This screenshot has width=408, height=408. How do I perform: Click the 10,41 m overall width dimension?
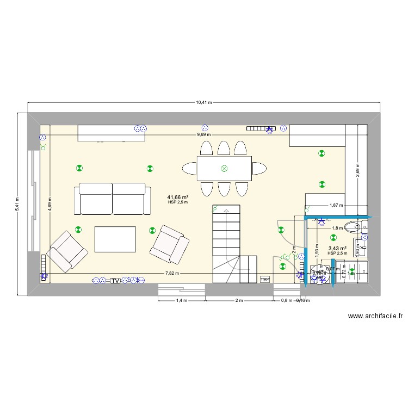(x=205, y=102)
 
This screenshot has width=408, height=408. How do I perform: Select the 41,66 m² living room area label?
(x=178, y=197)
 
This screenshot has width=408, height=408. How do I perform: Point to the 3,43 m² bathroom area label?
(x=337, y=249)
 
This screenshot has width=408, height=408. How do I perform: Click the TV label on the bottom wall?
(x=115, y=280)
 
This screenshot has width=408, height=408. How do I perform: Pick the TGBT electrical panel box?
(x=265, y=279)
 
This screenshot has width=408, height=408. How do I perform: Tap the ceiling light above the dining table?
(x=224, y=169)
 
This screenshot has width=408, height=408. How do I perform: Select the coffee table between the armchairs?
(x=115, y=239)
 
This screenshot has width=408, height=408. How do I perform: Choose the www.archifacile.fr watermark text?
(x=375, y=316)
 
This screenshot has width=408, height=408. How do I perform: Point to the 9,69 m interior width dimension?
(x=205, y=134)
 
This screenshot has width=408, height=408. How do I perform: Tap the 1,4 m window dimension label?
(x=181, y=300)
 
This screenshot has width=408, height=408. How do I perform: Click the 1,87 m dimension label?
(x=337, y=205)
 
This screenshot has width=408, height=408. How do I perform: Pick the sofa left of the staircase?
(x=113, y=199)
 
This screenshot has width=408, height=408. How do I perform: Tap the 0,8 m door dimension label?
(x=286, y=300)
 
